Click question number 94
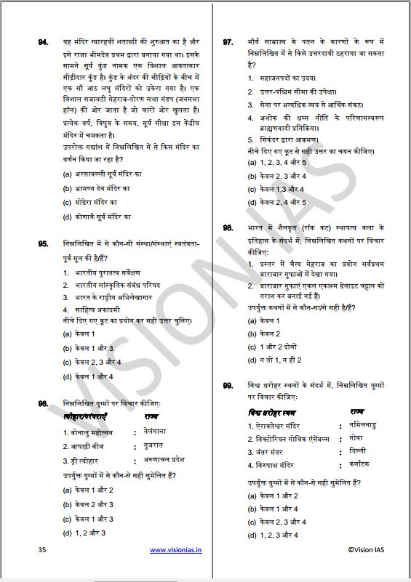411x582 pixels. click(x=43, y=43)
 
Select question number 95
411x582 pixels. click(x=43, y=243)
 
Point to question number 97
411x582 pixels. click(x=228, y=43)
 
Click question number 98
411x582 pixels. click(x=228, y=228)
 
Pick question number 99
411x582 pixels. click(x=228, y=385)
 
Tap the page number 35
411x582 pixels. click(x=41, y=550)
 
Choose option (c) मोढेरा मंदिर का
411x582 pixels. click(x=90, y=202)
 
